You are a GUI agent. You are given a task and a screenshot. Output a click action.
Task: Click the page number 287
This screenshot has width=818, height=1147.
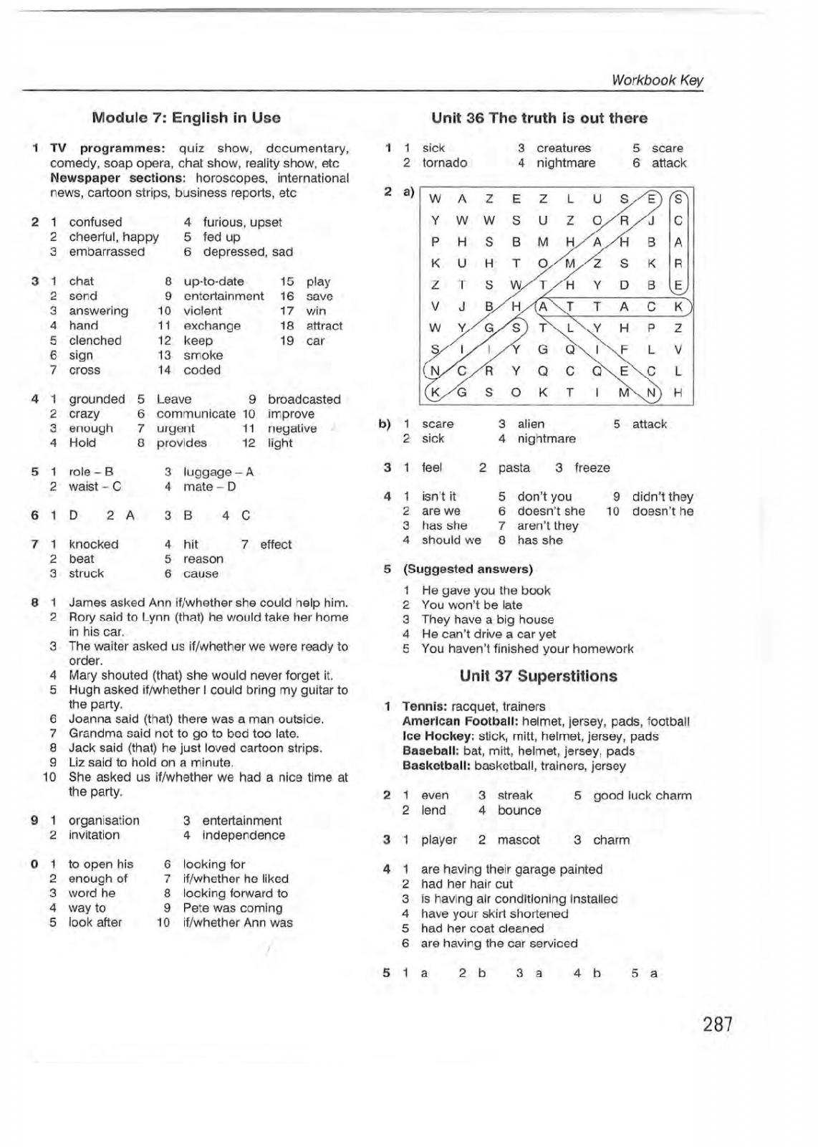pos(718,1024)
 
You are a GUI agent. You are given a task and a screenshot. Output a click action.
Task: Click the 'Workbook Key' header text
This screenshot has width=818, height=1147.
pos(658,80)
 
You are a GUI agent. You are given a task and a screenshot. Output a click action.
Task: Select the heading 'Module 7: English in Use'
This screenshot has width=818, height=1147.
pos(186,118)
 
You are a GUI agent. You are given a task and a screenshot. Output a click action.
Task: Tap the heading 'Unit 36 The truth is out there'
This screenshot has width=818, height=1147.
pos(539,118)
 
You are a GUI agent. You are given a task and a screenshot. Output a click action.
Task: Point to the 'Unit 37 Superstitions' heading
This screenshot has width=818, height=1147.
pos(538,676)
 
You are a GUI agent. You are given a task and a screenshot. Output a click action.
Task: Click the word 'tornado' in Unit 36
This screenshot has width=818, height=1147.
pos(444,163)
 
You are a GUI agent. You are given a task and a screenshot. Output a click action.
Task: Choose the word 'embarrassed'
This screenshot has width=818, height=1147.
pos(107,252)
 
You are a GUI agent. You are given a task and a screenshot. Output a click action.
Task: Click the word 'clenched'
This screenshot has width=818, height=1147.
pos(95,341)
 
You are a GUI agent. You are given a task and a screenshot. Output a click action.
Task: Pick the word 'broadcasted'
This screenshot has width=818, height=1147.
pos(304,399)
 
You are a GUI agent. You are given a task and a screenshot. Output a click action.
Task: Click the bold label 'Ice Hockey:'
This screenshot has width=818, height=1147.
pos(437,736)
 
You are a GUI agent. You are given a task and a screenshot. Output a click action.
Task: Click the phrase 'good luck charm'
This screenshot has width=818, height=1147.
pos(643,796)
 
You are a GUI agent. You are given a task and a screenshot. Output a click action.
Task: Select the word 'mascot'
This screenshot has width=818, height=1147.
pos(519,839)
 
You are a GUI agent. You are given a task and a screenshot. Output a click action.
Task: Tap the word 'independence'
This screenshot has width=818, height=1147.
pos(244,835)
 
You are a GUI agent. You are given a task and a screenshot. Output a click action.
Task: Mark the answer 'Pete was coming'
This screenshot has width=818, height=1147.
pos(233,908)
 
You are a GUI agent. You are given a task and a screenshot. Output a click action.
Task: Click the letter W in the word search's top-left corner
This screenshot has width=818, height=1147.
pos(435,199)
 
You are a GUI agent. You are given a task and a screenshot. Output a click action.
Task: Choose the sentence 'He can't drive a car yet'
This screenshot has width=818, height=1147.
pos(489,634)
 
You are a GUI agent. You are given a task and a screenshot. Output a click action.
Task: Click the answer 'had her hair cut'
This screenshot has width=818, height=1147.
pos(467,884)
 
